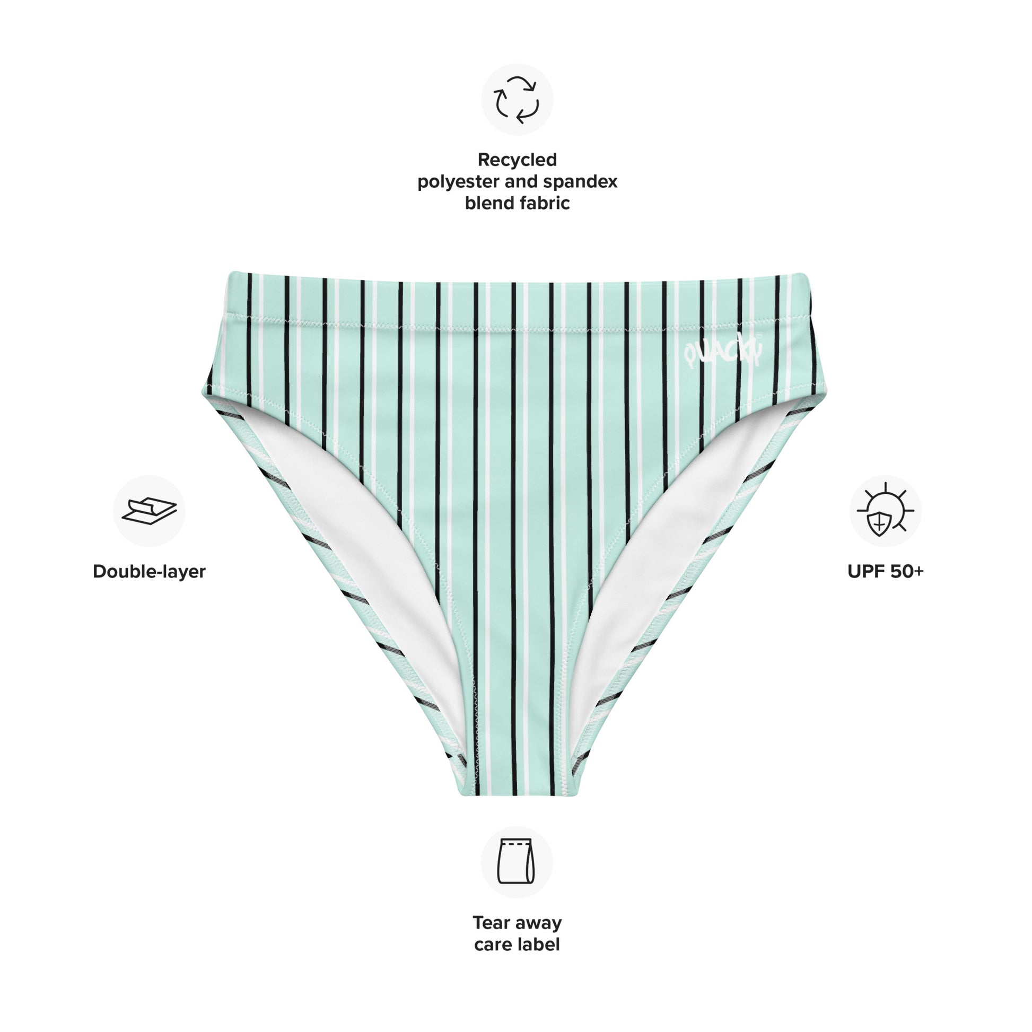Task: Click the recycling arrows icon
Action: pos(517,100)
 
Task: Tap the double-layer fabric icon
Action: pos(149,511)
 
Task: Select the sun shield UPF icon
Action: pos(885,510)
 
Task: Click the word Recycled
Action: pos(517,160)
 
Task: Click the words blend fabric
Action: pos(517,203)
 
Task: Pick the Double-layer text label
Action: pos(149,572)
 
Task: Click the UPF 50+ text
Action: pos(885,572)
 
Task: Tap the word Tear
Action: pos(490,923)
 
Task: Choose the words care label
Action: pos(517,944)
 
